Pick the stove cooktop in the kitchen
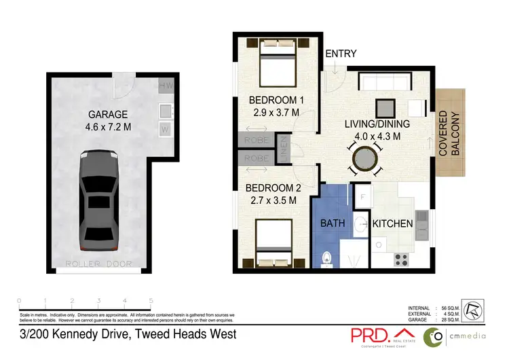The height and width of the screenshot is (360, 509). tap(401, 258)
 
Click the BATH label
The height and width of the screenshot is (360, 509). tap(333, 223)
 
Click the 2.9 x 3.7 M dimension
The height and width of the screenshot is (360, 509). tap(275, 113)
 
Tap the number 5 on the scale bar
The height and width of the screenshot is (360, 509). tap(151, 300)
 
